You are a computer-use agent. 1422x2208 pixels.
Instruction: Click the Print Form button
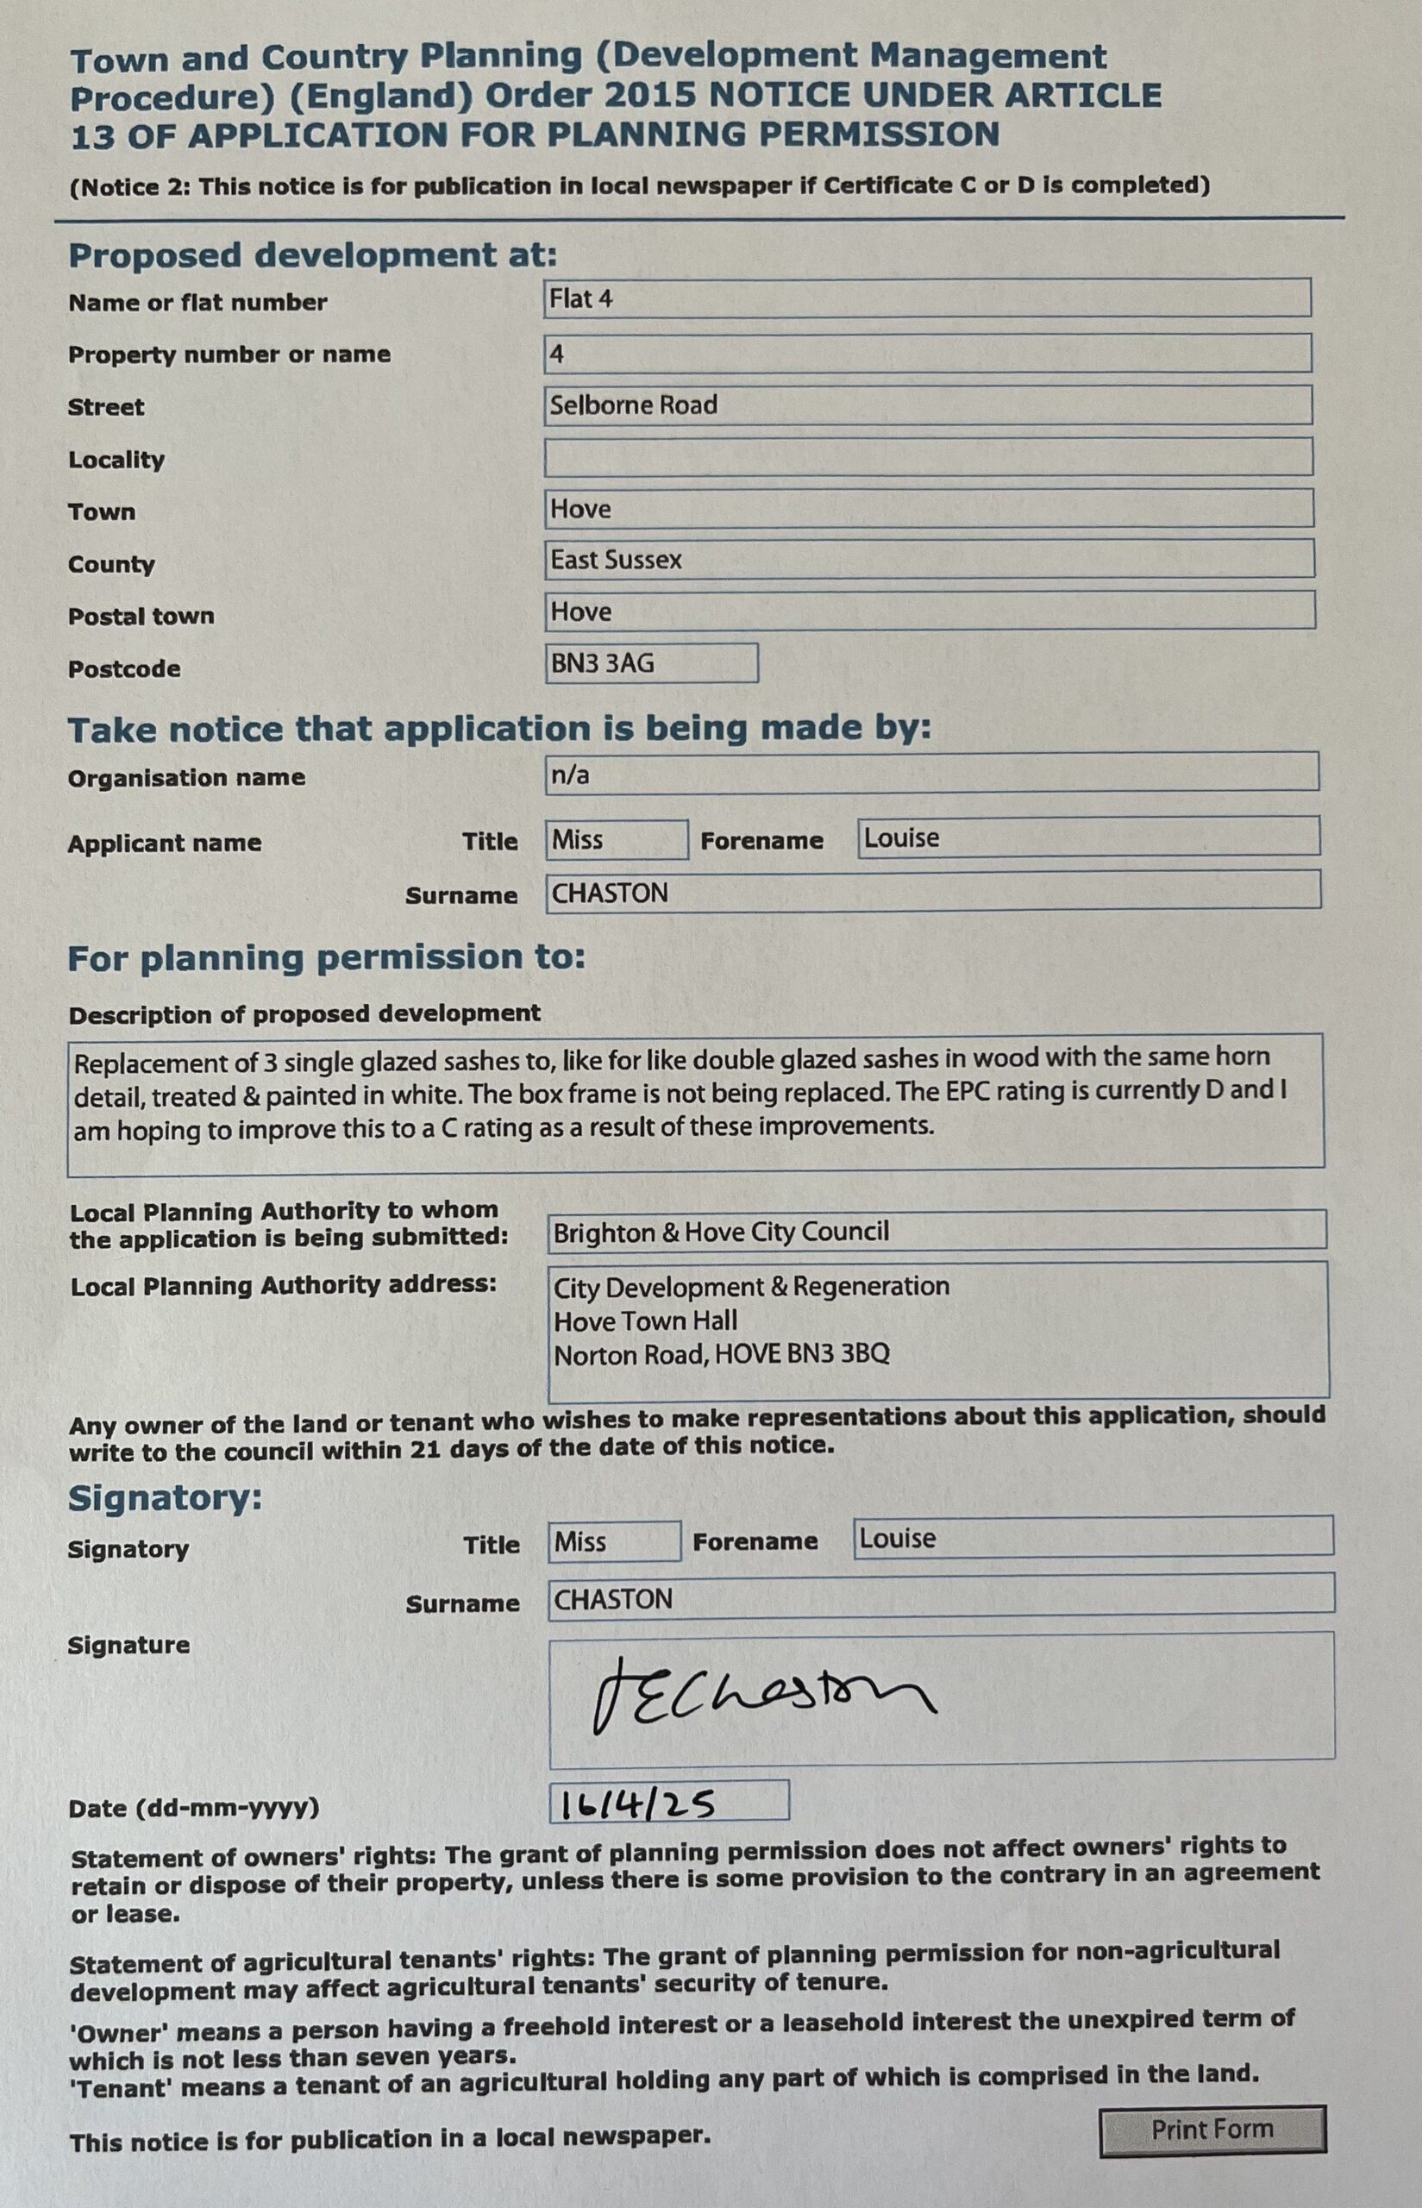(x=1212, y=2130)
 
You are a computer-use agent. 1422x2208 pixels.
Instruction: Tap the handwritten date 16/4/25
(x=637, y=1803)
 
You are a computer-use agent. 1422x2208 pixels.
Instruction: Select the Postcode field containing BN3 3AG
(x=651, y=663)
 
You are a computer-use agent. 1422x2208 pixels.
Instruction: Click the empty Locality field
(x=927, y=457)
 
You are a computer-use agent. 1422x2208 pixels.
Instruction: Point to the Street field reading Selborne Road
(x=927, y=405)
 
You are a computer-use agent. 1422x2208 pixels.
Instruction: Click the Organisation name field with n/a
(x=930, y=772)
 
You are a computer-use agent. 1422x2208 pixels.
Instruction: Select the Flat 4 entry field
(x=926, y=299)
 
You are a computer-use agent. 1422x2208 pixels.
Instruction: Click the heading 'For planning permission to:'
(x=327, y=957)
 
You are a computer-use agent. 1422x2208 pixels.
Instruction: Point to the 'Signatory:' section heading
(x=166, y=1498)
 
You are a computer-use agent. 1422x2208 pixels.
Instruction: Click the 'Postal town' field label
(x=141, y=616)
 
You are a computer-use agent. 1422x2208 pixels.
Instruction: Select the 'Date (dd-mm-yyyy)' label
(x=194, y=1807)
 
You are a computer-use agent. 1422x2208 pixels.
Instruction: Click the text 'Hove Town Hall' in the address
(x=645, y=1320)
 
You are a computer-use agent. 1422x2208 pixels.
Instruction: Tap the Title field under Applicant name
(x=616, y=839)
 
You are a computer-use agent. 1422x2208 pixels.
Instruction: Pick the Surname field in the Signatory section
(x=940, y=1596)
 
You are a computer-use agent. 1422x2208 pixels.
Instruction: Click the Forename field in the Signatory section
(x=1093, y=1539)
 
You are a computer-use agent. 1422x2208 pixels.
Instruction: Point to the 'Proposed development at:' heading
(x=313, y=255)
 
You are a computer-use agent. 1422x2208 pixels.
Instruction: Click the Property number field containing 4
(x=926, y=353)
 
